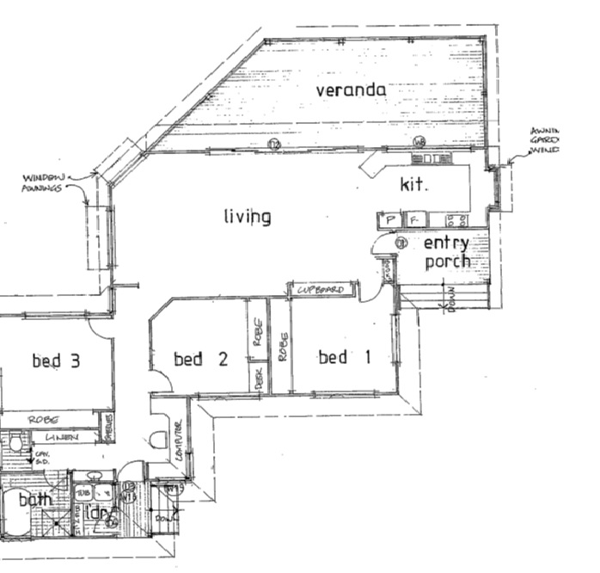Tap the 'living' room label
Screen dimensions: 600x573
tap(248, 217)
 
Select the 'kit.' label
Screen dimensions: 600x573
tap(413, 184)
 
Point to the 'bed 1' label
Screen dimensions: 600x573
tap(344, 357)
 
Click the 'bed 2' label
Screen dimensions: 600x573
tap(200, 359)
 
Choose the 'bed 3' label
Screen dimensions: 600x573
tap(56, 360)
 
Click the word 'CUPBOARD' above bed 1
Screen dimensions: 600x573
tap(320, 291)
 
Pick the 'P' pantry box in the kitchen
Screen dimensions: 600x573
tap(389, 221)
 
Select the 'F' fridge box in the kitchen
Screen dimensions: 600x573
tap(413, 221)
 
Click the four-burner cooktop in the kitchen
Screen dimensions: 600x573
tap(454, 220)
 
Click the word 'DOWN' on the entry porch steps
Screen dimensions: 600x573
tap(452, 300)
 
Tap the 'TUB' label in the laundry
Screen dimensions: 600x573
tap(83, 492)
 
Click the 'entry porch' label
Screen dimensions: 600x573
tap(447, 251)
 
